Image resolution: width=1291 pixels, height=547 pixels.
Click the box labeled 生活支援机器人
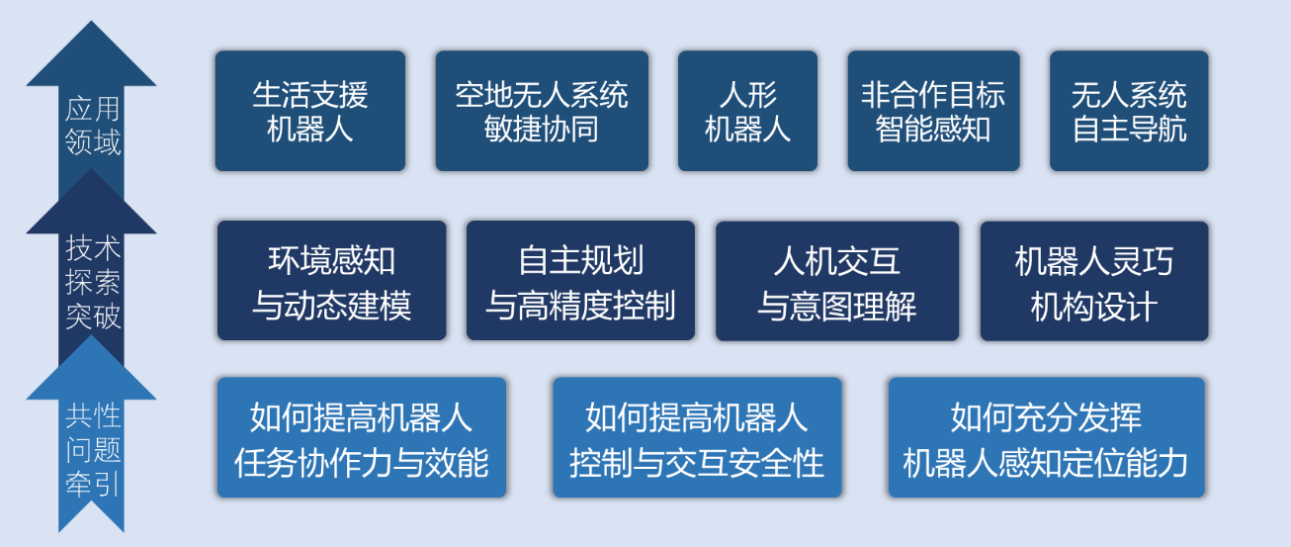click(310, 111)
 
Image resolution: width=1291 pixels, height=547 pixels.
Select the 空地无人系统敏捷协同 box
click(542, 111)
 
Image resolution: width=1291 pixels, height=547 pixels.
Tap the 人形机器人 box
click(747, 111)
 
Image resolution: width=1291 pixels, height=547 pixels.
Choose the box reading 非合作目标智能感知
click(934, 111)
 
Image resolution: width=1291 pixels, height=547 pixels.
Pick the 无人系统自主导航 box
click(1129, 111)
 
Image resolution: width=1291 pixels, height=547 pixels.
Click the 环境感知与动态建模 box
click(331, 281)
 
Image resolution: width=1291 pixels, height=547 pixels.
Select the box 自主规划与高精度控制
click(580, 281)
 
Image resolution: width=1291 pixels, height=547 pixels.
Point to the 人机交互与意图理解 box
click(837, 281)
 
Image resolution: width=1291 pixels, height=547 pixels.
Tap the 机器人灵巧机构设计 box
click(1094, 281)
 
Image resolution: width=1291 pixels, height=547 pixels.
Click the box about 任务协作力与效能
click(362, 437)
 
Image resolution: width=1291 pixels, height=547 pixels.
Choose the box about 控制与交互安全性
click(697, 437)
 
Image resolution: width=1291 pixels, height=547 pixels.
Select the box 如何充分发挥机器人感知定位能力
click(1046, 437)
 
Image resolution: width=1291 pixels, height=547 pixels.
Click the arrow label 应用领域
click(92, 126)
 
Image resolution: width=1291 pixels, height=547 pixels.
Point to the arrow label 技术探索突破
click(92, 282)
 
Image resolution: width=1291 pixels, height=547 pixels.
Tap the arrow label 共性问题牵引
click(92, 450)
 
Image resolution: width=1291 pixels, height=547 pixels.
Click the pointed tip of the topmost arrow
click(91, 22)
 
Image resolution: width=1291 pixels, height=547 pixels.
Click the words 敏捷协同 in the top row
click(541, 129)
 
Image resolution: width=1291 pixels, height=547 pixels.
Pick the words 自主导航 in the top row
click(1129, 129)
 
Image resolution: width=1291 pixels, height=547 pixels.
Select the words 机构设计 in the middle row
click(1094, 306)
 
